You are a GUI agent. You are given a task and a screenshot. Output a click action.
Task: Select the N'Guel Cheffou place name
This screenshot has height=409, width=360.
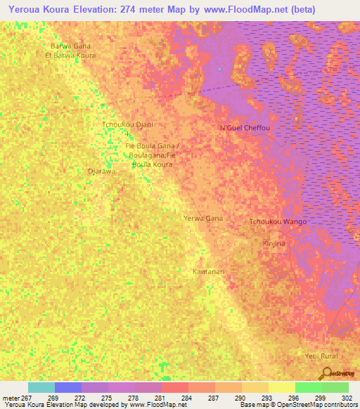pyautogui.click(x=245, y=128)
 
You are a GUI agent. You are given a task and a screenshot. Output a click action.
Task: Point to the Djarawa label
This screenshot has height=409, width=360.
pyautogui.click(x=100, y=171)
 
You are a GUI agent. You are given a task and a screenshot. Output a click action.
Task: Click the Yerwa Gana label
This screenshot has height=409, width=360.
pyautogui.click(x=203, y=219)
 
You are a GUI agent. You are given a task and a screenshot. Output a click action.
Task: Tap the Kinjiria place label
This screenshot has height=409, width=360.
pyautogui.click(x=274, y=243)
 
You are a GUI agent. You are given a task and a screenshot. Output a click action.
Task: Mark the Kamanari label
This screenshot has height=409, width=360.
pyautogui.click(x=209, y=271)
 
